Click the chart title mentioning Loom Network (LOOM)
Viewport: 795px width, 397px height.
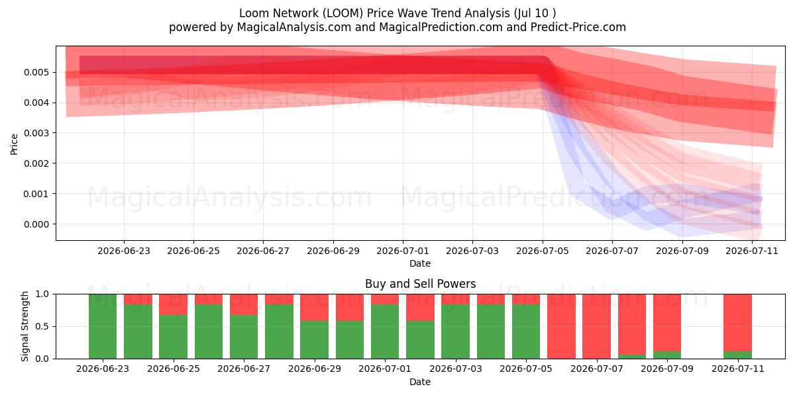tap(397, 13)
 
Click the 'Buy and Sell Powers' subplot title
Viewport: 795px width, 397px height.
tap(420, 284)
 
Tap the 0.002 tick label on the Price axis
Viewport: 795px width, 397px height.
tap(36, 163)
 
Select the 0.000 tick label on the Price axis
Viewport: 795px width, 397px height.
tap(36, 224)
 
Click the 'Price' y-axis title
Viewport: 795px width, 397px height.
tap(14, 144)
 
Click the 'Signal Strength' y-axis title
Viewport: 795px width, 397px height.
tap(25, 326)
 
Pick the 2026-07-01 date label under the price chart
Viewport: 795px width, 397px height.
tap(403, 251)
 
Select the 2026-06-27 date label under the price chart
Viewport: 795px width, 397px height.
tap(263, 251)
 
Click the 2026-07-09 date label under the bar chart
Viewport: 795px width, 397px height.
tap(667, 369)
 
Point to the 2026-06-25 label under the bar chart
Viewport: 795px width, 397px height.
tap(174, 369)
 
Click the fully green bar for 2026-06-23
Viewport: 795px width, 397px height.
tap(103, 326)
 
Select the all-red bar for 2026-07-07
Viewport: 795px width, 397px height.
tap(596, 326)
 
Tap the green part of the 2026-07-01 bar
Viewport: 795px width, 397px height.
tap(385, 331)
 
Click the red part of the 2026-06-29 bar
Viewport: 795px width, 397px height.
tap(315, 308)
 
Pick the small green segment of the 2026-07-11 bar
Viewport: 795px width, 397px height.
tap(737, 355)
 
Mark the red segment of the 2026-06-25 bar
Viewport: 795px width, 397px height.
tap(173, 304)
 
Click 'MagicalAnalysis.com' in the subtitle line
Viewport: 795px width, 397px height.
tap(294, 27)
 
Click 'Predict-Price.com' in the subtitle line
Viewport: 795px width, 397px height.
tap(578, 27)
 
